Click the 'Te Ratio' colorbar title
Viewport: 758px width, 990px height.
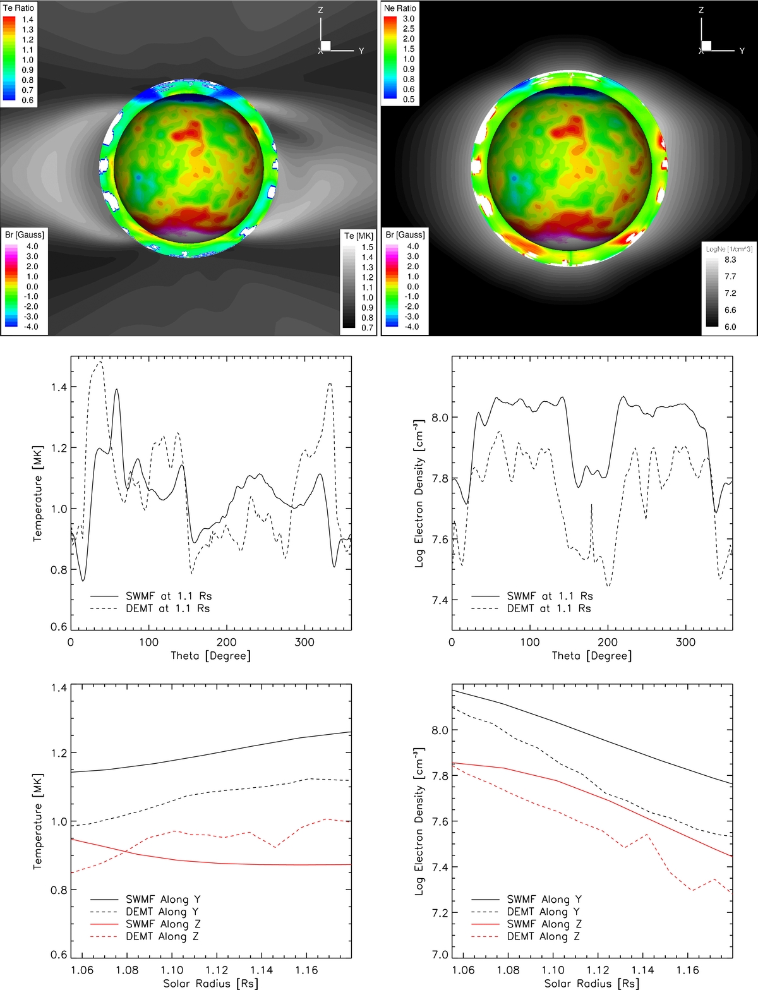click(18, 8)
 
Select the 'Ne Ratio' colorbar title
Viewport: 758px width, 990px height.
click(400, 8)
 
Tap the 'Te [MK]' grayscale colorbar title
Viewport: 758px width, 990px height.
click(358, 236)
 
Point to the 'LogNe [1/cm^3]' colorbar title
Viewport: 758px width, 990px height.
click(729, 249)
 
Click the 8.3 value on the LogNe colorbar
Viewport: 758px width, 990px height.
click(730, 260)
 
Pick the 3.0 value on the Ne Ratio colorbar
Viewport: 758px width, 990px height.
click(409, 19)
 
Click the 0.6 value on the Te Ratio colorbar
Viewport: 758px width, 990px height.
click(28, 100)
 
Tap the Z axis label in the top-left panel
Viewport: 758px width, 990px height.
click(321, 11)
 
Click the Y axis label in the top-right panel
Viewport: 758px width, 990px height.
click(742, 51)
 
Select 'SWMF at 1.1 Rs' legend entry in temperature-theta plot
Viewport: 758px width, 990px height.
click(168, 596)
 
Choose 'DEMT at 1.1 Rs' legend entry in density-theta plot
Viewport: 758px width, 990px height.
click(548, 608)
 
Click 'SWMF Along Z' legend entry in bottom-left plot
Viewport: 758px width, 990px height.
click(163, 924)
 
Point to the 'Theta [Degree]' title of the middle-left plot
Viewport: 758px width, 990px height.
click(210, 656)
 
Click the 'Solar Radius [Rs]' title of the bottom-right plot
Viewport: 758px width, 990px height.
click(591, 983)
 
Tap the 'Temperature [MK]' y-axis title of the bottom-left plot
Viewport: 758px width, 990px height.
click(38, 821)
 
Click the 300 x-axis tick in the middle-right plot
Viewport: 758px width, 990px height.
click(685, 643)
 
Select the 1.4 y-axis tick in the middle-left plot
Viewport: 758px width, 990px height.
click(59, 387)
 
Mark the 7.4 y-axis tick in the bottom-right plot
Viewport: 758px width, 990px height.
click(439, 867)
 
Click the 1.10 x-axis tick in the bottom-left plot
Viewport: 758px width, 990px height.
click(172, 970)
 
